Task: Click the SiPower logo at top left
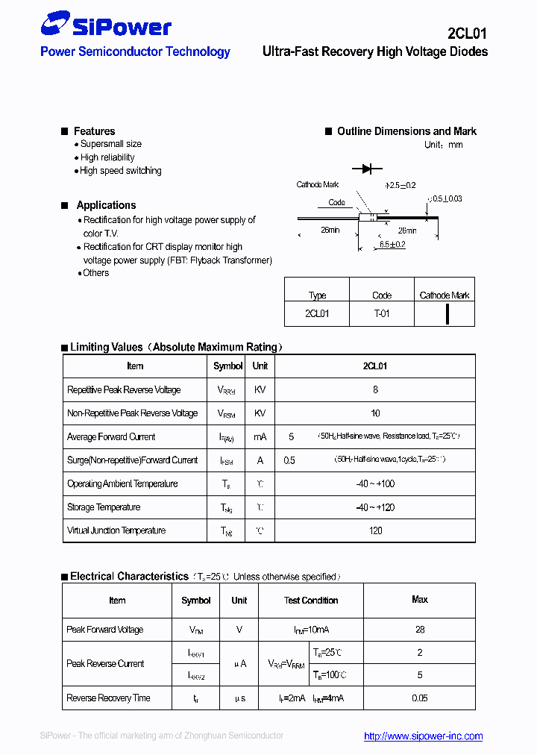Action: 106,26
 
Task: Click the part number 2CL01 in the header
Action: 467,34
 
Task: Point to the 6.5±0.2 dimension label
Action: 392,245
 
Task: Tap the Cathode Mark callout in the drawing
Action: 317,185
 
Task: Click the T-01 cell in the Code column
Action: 382,313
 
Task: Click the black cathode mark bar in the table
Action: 447,314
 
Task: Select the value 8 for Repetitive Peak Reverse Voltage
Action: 375,389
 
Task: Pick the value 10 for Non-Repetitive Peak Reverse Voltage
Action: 375,413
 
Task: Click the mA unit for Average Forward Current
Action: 260,437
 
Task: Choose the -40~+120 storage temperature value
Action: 375,507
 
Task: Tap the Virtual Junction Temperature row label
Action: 116,530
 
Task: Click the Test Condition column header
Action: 311,601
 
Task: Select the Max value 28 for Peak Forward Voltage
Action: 420,630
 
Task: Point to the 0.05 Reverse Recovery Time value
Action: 420,698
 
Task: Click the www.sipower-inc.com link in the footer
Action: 423,736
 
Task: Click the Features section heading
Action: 94,131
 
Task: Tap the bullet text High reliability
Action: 107,157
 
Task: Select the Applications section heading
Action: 106,205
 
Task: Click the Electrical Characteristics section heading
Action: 129,577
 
